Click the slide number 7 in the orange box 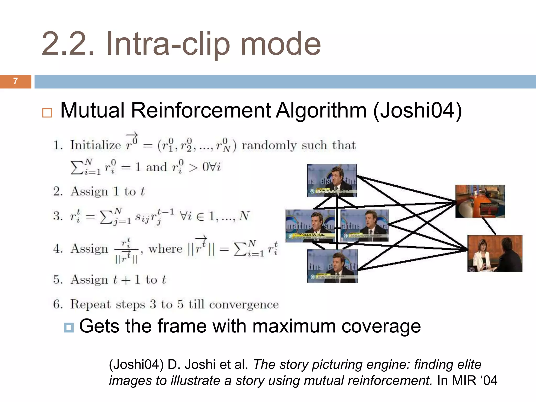[15, 81]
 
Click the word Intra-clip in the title [167, 44]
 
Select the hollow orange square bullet [47, 113]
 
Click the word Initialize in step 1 [96, 145]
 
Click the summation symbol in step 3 [106, 217]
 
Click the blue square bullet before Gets [69, 327]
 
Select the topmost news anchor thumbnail [332, 181]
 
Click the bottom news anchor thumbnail [332, 266]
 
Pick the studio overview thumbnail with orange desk [480, 201]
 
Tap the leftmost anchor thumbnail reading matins [310, 226]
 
